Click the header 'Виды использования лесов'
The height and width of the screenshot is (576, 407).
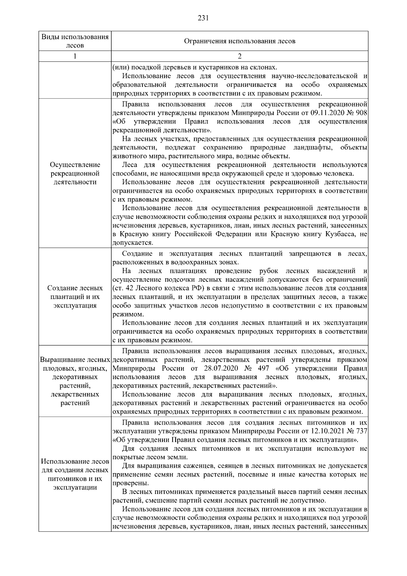tap(75, 41)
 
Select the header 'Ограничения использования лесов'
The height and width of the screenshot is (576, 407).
tap(239, 41)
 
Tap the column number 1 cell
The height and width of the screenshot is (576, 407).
tap(75, 56)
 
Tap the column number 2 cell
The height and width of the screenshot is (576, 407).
tap(239, 56)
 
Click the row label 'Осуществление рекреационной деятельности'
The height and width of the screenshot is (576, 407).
tap(75, 173)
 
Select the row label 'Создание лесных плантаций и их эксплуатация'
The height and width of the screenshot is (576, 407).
tap(75, 297)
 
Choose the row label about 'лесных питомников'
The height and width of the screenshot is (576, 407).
tap(75, 474)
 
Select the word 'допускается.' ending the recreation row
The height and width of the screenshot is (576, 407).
tap(133, 243)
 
